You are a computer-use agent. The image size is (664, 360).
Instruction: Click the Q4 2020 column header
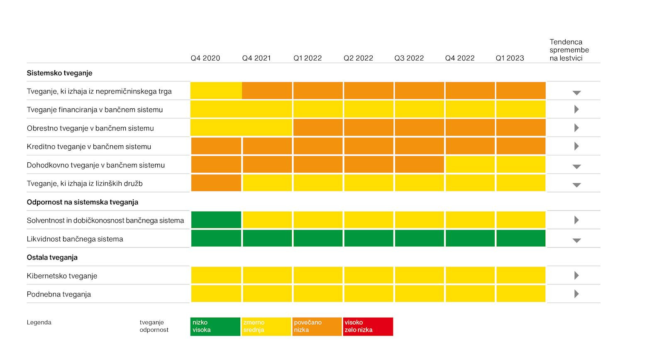(205, 58)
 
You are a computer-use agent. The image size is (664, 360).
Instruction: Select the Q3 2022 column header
(409, 58)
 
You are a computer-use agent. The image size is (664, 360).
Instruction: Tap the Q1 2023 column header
(510, 58)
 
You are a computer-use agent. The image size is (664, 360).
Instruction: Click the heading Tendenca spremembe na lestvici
(569, 50)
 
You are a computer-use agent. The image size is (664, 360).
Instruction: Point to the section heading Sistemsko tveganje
(60, 73)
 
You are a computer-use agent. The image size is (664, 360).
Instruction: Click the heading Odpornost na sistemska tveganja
(83, 202)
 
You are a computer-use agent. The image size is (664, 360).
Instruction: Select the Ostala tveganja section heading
(52, 257)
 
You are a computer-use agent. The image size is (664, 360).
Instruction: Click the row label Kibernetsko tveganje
(62, 276)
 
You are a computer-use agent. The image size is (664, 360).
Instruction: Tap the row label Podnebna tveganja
(59, 294)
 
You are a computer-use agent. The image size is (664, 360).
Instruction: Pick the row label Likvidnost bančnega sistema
(75, 239)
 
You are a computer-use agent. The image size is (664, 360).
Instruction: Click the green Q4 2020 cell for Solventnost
(216, 220)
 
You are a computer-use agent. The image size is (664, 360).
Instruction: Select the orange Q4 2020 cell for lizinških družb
(216, 183)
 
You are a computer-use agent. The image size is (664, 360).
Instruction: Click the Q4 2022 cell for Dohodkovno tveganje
(470, 164)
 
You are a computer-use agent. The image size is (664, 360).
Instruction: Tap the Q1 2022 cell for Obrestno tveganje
(318, 127)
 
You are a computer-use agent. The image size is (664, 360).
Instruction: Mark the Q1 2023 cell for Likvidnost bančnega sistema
(521, 238)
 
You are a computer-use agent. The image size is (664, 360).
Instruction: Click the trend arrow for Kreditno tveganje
(576, 146)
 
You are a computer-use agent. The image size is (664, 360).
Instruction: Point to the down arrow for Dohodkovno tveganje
(576, 167)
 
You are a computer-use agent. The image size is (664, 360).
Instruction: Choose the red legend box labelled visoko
(368, 326)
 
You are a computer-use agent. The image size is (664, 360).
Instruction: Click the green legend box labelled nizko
(215, 326)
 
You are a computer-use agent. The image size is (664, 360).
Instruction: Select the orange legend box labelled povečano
(317, 326)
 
